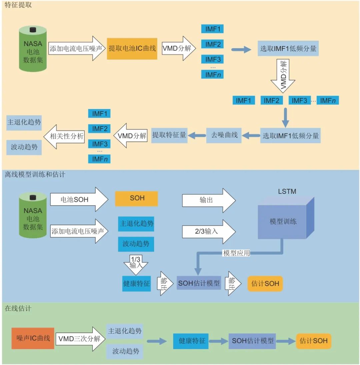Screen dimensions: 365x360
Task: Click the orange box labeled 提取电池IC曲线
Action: point(132,48)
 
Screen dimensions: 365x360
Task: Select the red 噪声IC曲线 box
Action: point(33,338)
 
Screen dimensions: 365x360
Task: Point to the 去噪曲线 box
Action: point(224,135)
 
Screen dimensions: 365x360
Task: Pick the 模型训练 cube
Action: point(283,221)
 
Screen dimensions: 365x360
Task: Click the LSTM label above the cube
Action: point(287,192)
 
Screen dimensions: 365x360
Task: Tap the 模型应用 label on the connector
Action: point(236,253)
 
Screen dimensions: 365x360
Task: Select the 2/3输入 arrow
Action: point(208,231)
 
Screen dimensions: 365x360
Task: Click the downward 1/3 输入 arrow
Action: point(135,263)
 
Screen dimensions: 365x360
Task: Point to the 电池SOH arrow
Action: point(79,199)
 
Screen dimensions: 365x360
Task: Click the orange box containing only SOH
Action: point(136,198)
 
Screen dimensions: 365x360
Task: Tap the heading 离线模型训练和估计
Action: point(35,174)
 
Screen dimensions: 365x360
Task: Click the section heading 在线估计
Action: point(18,308)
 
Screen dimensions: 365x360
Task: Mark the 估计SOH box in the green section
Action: point(313,341)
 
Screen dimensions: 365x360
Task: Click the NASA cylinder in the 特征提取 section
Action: point(33,49)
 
